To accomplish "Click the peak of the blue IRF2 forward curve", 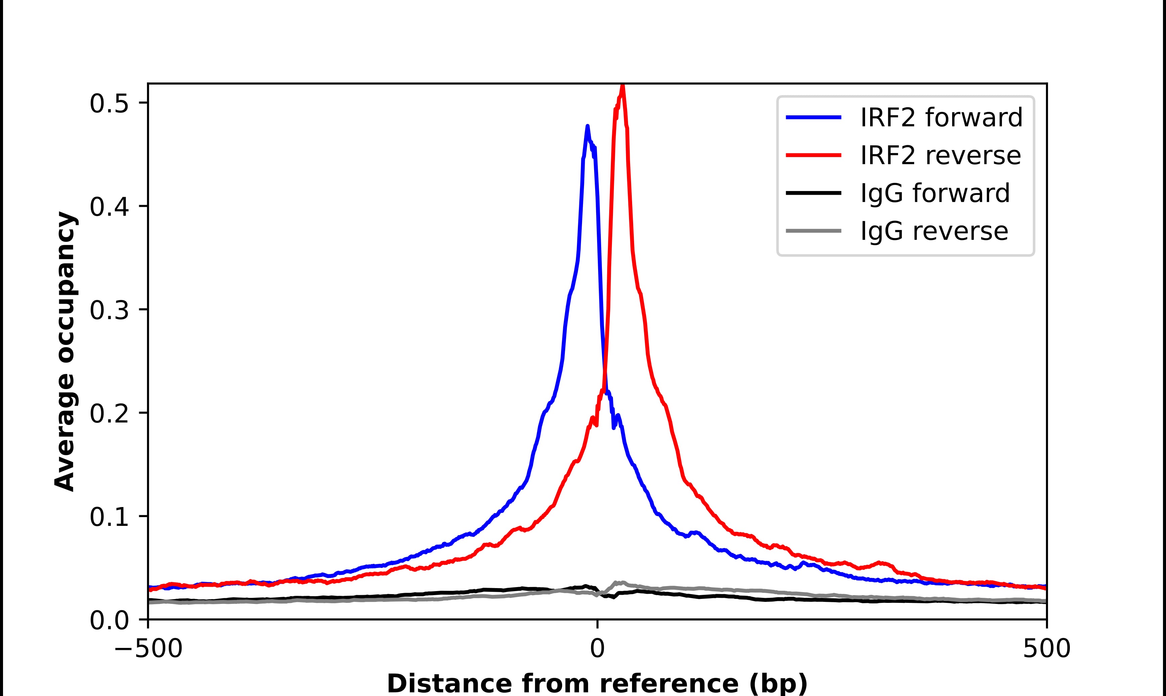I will tap(587, 127).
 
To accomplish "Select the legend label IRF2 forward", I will tap(941, 117).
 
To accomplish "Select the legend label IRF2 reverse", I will tap(940, 155).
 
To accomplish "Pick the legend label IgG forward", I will tap(935, 193).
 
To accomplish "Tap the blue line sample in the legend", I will tap(813, 117).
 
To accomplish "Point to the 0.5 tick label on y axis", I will tap(109, 103).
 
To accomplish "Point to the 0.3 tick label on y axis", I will tap(109, 310).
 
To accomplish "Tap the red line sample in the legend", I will tap(813, 155).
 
